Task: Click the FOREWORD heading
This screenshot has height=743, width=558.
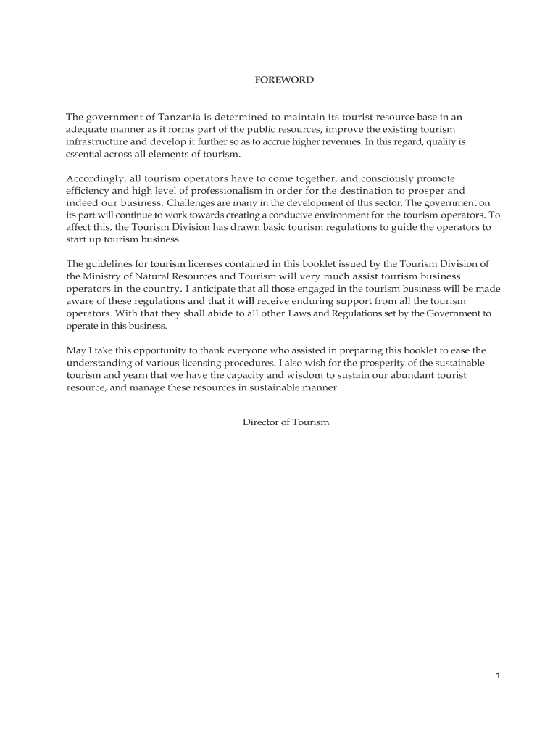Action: pos(283,80)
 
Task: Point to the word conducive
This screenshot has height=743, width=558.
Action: pos(278,215)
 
